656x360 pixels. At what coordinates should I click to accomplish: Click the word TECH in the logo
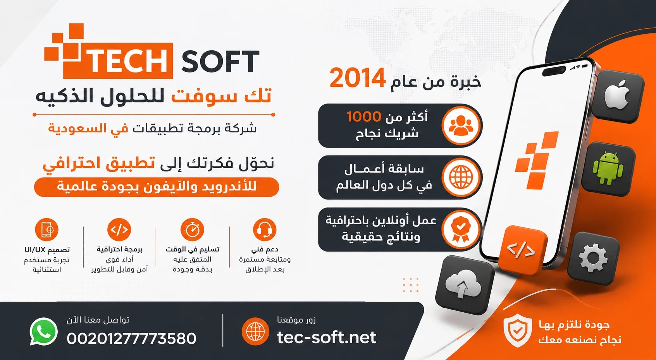[128, 61]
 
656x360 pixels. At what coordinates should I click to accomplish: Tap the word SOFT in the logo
[220, 61]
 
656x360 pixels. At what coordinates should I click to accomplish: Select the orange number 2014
[357, 78]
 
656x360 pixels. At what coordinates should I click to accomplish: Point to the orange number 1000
[364, 117]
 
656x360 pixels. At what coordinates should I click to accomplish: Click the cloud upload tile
[463, 284]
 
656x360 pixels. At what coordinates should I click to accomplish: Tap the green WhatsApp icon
[43, 332]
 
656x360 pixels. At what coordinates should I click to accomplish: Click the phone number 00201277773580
[131, 338]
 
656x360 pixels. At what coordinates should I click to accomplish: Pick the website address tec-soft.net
[327, 338]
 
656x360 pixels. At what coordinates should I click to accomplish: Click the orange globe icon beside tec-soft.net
[255, 331]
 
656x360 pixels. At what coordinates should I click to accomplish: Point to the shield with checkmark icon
[518, 330]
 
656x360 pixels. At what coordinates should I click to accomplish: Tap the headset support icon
[265, 229]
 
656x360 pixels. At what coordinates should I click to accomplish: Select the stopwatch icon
[192, 229]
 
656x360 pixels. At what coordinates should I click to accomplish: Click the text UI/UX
[35, 250]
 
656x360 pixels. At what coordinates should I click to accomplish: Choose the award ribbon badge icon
[460, 229]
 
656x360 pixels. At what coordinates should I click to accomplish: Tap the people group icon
[461, 126]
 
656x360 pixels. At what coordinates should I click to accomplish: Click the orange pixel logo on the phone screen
[537, 160]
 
